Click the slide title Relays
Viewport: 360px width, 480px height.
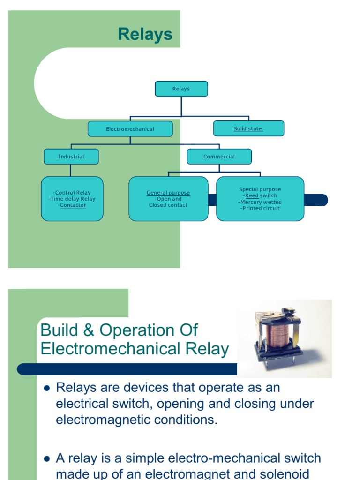[145, 34]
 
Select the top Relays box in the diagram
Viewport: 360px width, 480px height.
[181, 89]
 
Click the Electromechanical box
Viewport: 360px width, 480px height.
[130, 129]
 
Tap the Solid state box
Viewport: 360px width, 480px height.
[248, 129]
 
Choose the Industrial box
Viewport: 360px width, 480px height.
[71, 157]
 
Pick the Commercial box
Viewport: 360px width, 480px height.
[219, 157]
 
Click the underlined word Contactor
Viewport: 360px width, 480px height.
[73, 205]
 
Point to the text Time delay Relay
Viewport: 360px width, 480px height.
[72, 199]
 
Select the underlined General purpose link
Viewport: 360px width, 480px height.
[168, 193]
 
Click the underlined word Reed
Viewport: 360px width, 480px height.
[252, 196]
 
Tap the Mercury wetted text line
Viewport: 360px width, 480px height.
[260, 202]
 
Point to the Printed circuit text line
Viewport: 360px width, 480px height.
[260, 208]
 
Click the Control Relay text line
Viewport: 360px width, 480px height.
[72, 193]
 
